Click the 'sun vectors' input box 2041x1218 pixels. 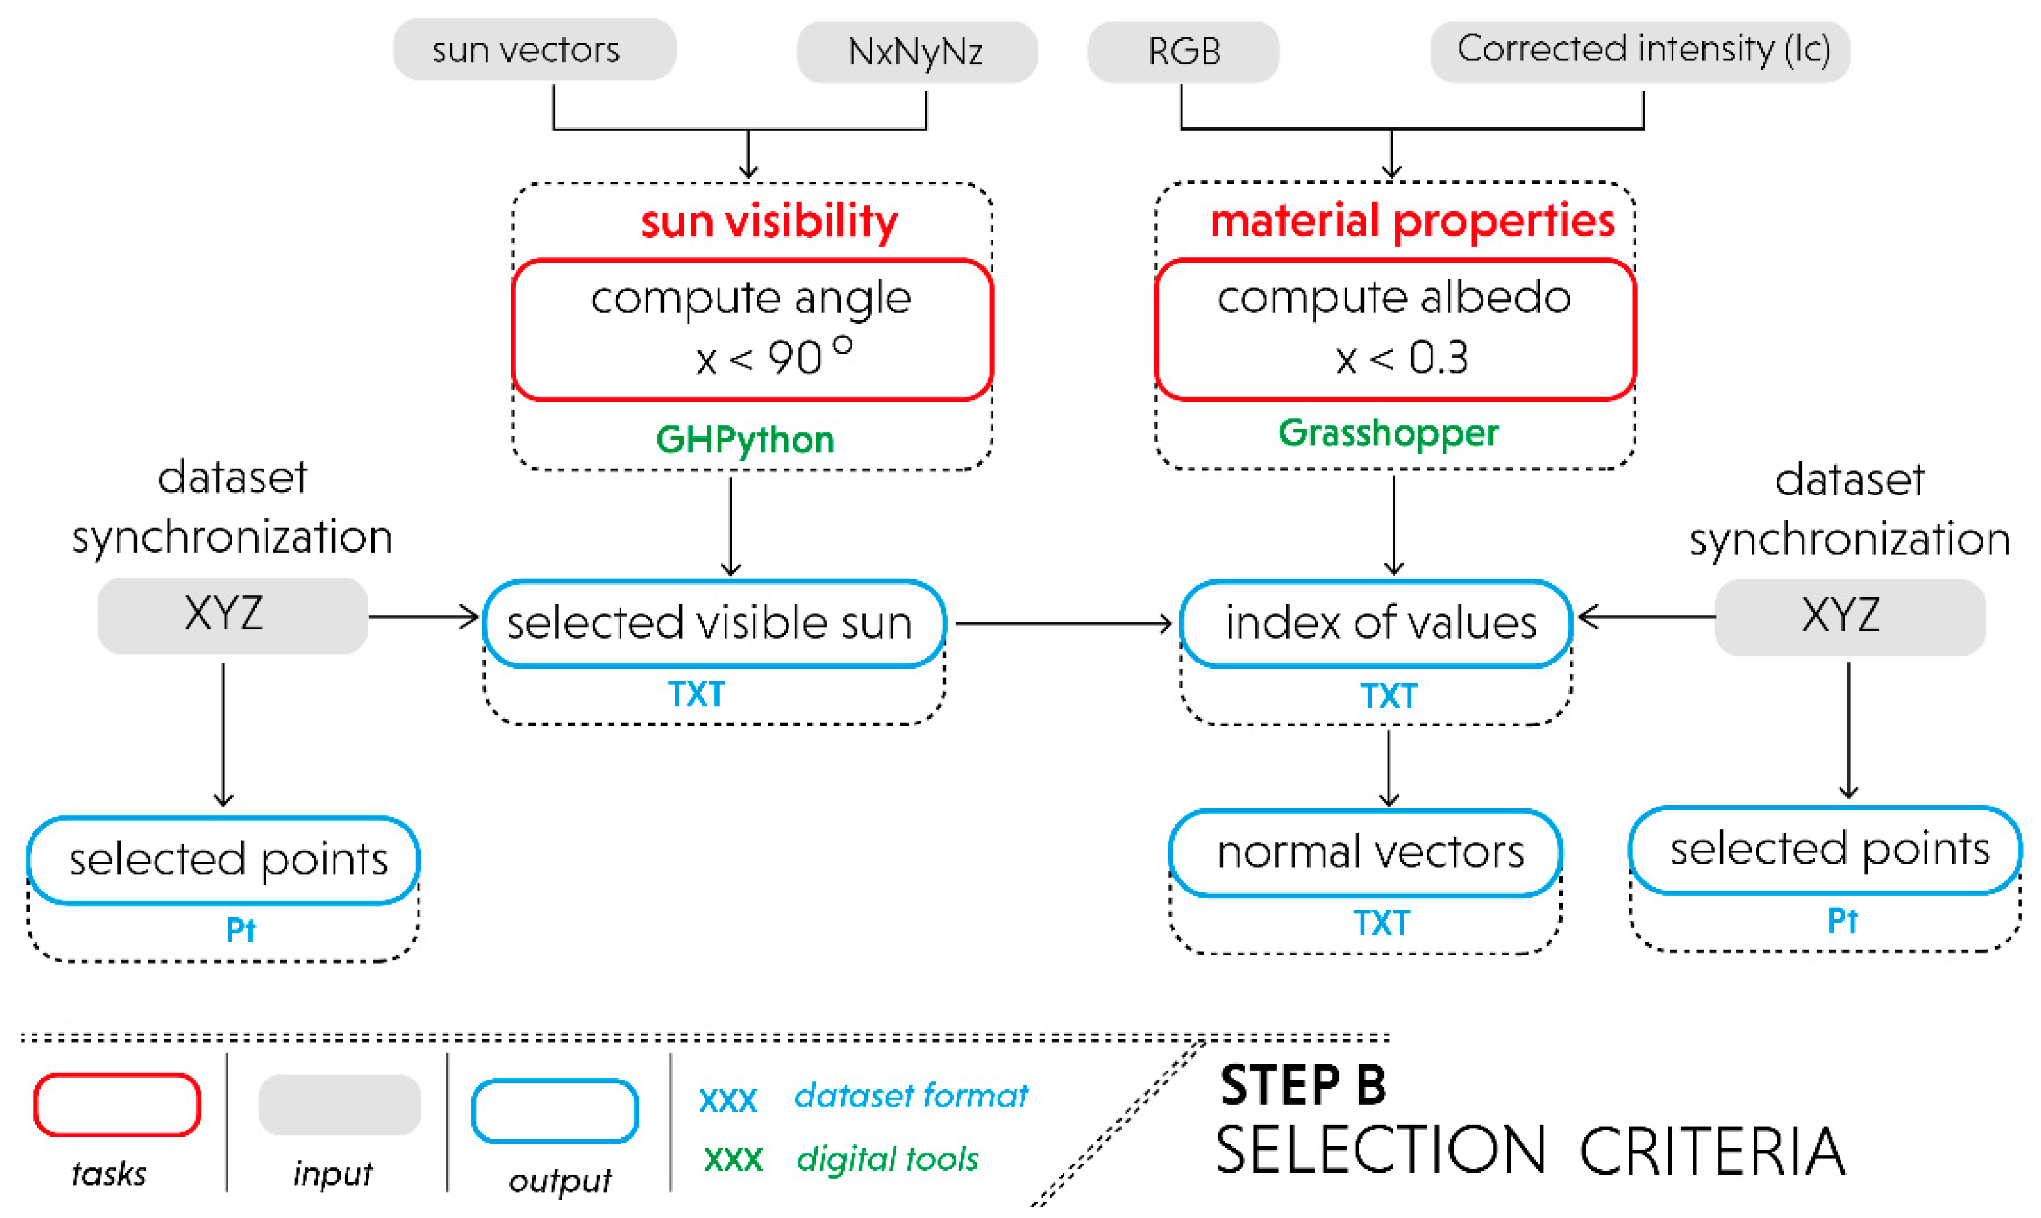point(534,49)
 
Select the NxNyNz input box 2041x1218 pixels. point(916,52)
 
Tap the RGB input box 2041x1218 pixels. point(1183,52)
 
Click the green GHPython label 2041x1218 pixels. point(744,439)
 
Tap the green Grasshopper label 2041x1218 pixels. point(1388,432)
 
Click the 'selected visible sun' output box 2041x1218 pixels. point(714,623)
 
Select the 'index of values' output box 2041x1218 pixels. point(1375,623)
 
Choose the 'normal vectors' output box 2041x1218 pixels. point(1364,852)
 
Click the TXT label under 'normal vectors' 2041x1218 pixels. point(1381,923)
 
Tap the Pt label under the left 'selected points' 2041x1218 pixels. point(240,930)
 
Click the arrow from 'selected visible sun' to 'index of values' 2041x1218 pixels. point(1063,624)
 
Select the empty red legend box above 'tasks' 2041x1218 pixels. point(117,1104)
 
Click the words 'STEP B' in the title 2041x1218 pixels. point(1303,1085)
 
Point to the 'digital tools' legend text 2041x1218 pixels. point(887,1159)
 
